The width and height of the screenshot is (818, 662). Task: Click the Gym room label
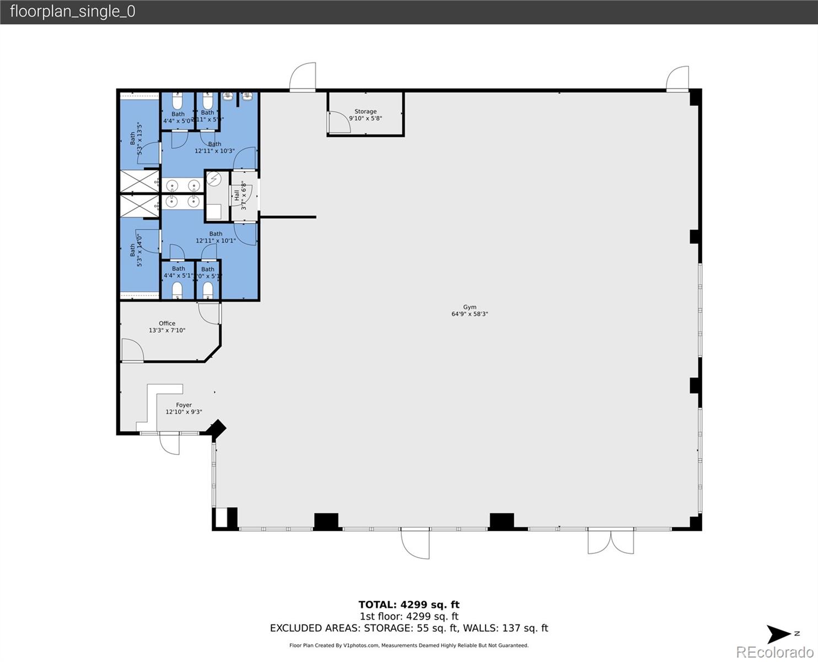470,311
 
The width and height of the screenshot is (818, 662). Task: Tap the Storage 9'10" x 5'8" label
365,115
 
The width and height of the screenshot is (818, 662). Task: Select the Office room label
167,327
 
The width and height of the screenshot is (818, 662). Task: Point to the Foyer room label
184,408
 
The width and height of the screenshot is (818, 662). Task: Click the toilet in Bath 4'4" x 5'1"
177,290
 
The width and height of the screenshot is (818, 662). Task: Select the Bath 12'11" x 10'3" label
214,147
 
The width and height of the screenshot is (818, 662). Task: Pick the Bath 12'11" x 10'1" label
216,237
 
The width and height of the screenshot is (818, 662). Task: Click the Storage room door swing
338,122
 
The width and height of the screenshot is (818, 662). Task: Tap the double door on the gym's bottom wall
610,542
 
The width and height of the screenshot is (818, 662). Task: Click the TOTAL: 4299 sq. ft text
408,605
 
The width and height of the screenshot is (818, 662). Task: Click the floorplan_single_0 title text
73,12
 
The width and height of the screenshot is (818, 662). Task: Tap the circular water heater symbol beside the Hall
214,179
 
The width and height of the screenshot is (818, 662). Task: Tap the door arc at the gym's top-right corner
677,79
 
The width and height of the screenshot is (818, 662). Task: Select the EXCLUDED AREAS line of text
408,628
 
